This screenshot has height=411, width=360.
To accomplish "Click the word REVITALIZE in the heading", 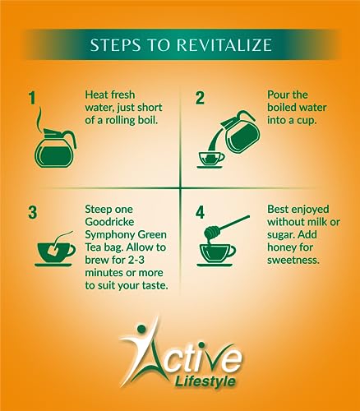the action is point(224,45).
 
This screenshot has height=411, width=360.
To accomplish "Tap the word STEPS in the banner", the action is point(116,45).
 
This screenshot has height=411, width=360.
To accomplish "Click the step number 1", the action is point(33,98).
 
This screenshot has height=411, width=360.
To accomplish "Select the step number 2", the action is point(200,98).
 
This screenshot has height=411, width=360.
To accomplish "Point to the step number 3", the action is point(33,213).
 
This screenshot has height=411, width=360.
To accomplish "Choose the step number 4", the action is point(201,213).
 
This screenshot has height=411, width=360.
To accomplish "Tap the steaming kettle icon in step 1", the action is point(55,148).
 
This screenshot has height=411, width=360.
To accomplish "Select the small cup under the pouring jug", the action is point(210,160).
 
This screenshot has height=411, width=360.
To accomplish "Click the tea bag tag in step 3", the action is point(53,250).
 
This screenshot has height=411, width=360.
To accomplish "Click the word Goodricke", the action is point(109,222).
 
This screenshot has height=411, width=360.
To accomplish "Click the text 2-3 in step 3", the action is point(136,260).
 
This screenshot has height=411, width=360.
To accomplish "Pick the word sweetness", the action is point(293,260).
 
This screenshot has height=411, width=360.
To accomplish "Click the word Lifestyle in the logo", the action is point(205,381).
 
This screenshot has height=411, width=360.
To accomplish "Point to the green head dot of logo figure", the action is point(141,329).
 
